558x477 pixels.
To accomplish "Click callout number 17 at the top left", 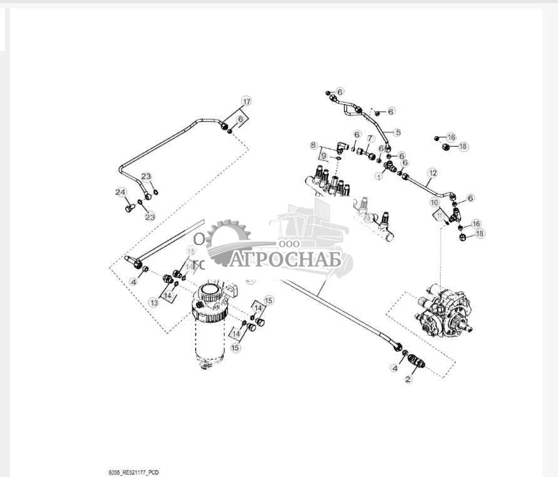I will point(246,102).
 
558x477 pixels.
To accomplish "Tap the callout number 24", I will point(120,192).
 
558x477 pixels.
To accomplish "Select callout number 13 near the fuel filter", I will point(153,302).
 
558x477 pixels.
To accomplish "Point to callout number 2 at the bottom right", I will point(408,380).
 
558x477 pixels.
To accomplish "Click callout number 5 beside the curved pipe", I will point(396,133).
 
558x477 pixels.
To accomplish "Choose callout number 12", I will point(432,172).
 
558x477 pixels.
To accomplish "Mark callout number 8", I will point(314,145).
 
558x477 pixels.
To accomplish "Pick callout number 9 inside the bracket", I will point(324,155).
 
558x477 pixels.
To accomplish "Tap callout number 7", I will point(370,139).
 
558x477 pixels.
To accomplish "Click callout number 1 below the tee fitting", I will point(378,177).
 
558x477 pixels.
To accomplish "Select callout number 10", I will point(433,202).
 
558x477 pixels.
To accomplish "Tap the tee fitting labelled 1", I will point(388,165).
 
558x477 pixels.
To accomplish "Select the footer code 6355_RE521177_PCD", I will point(133,471).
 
